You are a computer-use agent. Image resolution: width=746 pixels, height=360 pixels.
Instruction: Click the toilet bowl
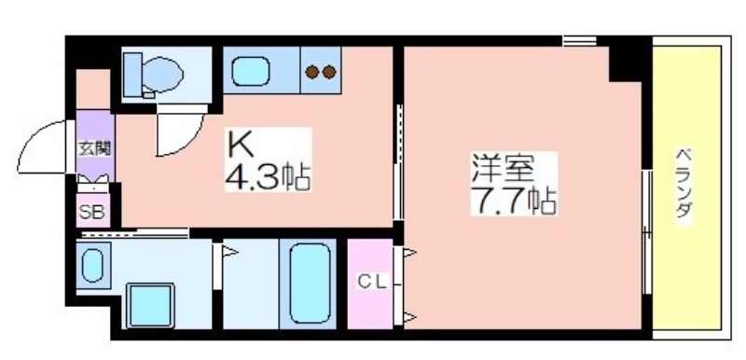pyautogui.click(x=162, y=74)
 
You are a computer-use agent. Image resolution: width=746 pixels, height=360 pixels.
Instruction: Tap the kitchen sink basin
pyautogui.click(x=251, y=71)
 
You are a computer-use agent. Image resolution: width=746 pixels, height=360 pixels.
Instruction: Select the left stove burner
pyautogui.click(x=312, y=72)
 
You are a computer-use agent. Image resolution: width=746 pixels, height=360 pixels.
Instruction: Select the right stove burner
pyautogui.click(x=329, y=72)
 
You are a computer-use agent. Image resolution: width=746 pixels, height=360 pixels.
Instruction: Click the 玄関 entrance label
pyautogui.click(x=94, y=149)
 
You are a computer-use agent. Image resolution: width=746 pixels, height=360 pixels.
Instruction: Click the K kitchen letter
pyautogui.click(x=241, y=146)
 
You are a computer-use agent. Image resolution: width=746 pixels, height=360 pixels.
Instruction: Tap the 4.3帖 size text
pyautogui.click(x=268, y=177)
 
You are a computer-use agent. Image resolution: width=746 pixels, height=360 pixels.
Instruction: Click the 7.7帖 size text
pyautogui.click(x=514, y=201)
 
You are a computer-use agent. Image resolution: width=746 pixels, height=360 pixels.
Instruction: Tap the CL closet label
pyautogui.click(x=371, y=283)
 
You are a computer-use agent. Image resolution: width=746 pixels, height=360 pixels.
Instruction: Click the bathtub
pyautogui.click(x=310, y=284)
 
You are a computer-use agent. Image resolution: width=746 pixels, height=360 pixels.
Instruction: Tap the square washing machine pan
pyautogui.click(x=150, y=305)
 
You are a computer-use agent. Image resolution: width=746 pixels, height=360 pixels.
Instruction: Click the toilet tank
pyautogui.click(x=132, y=75)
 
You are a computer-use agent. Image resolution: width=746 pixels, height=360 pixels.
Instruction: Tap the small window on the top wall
pyautogui.click(x=579, y=40)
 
